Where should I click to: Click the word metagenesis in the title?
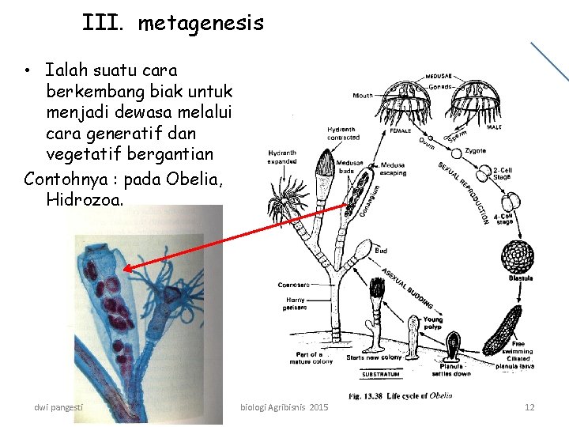(201, 24)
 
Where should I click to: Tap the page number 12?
(529, 407)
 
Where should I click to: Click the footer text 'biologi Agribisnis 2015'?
(284, 407)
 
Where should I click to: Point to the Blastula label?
(520, 278)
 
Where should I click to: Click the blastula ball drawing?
(518, 255)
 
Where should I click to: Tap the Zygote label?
(476, 149)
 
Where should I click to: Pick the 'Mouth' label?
(363, 96)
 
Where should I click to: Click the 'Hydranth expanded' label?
(283, 155)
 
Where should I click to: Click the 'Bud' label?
(381, 250)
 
